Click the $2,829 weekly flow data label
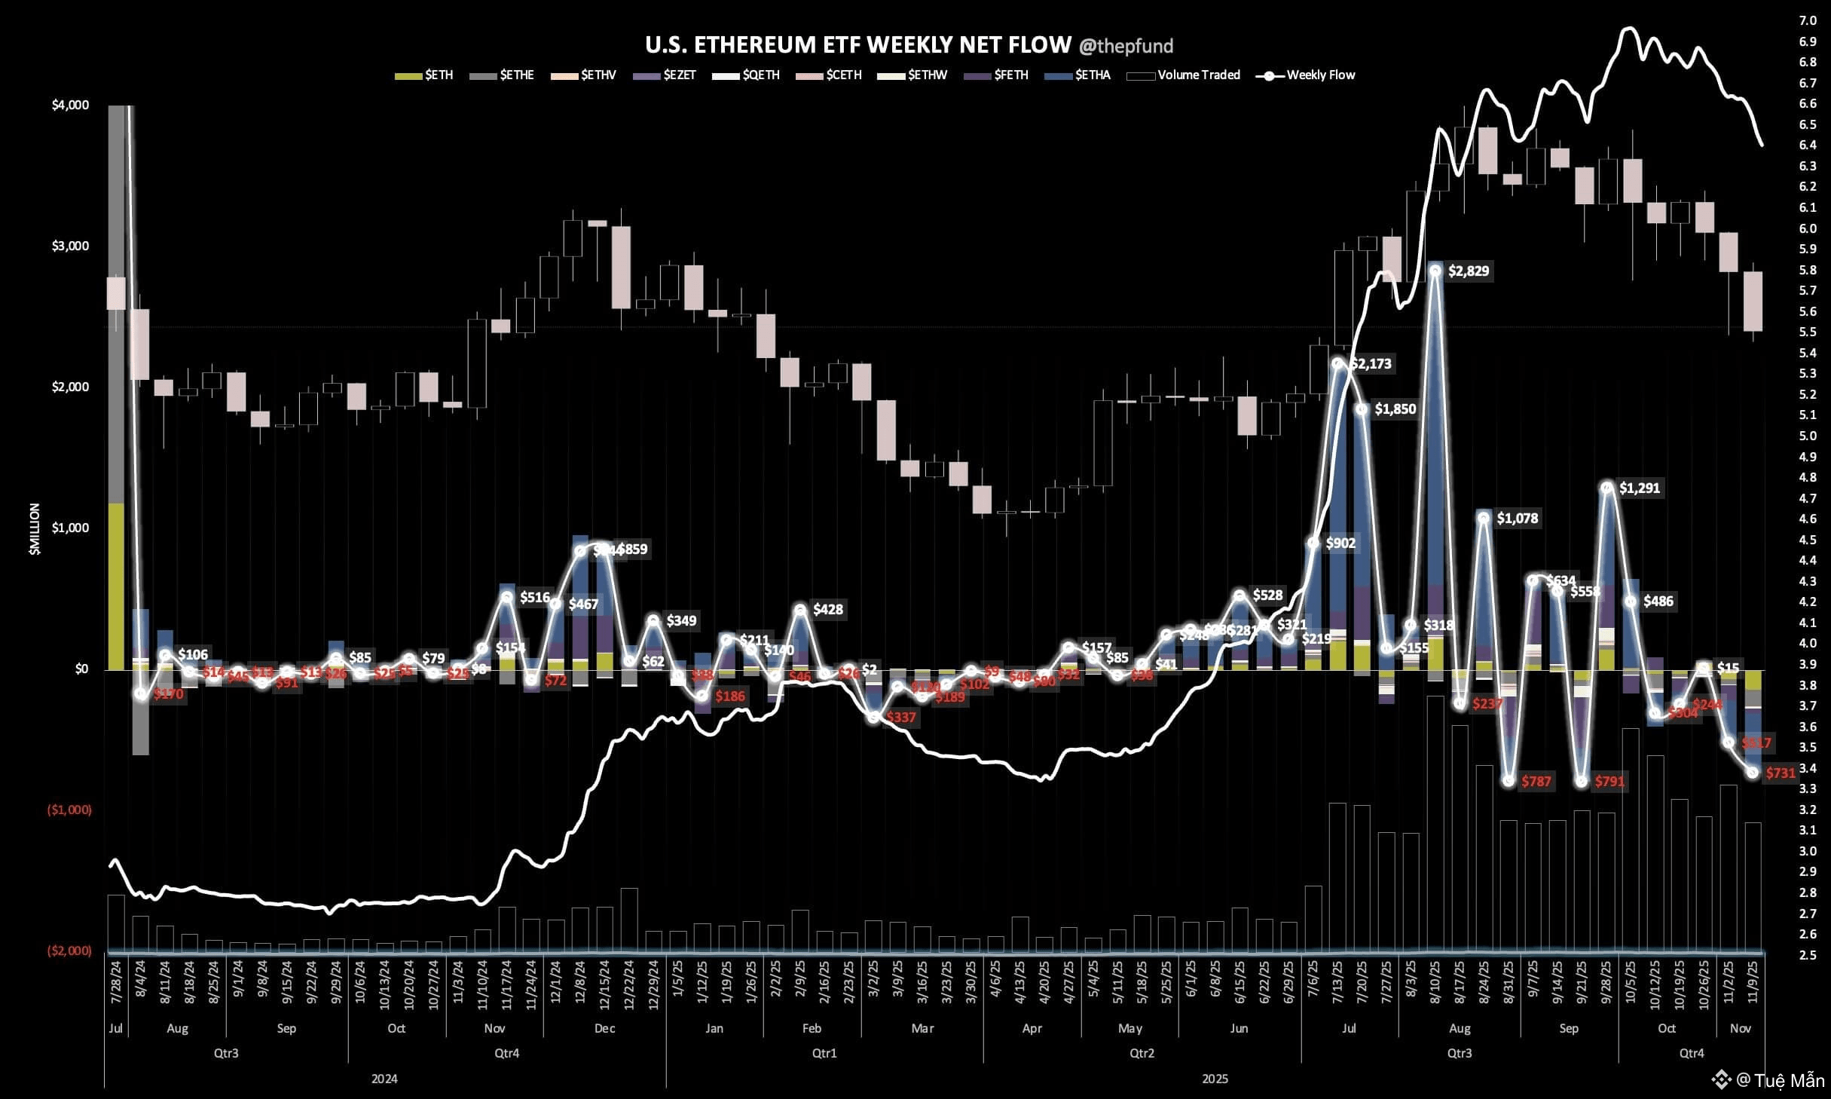click(1468, 271)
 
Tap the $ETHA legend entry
click(1092, 75)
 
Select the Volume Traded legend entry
click(1198, 75)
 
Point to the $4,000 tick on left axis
click(70, 106)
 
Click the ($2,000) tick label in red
click(69, 951)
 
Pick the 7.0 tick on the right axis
click(1807, 20)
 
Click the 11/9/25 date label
click(1753, 984)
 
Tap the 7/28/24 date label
click(116, 984)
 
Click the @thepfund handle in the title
click(1126, 47)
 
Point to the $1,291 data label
click(1639, 488)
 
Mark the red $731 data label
click(1781, 773)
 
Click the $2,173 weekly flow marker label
click(1371, 364)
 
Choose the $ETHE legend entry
click(516, 75)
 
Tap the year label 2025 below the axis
click(1215, 1079)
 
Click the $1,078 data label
click(1517, 519)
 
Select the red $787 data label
click(1536, 782)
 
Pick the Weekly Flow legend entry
click(1320, 75)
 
